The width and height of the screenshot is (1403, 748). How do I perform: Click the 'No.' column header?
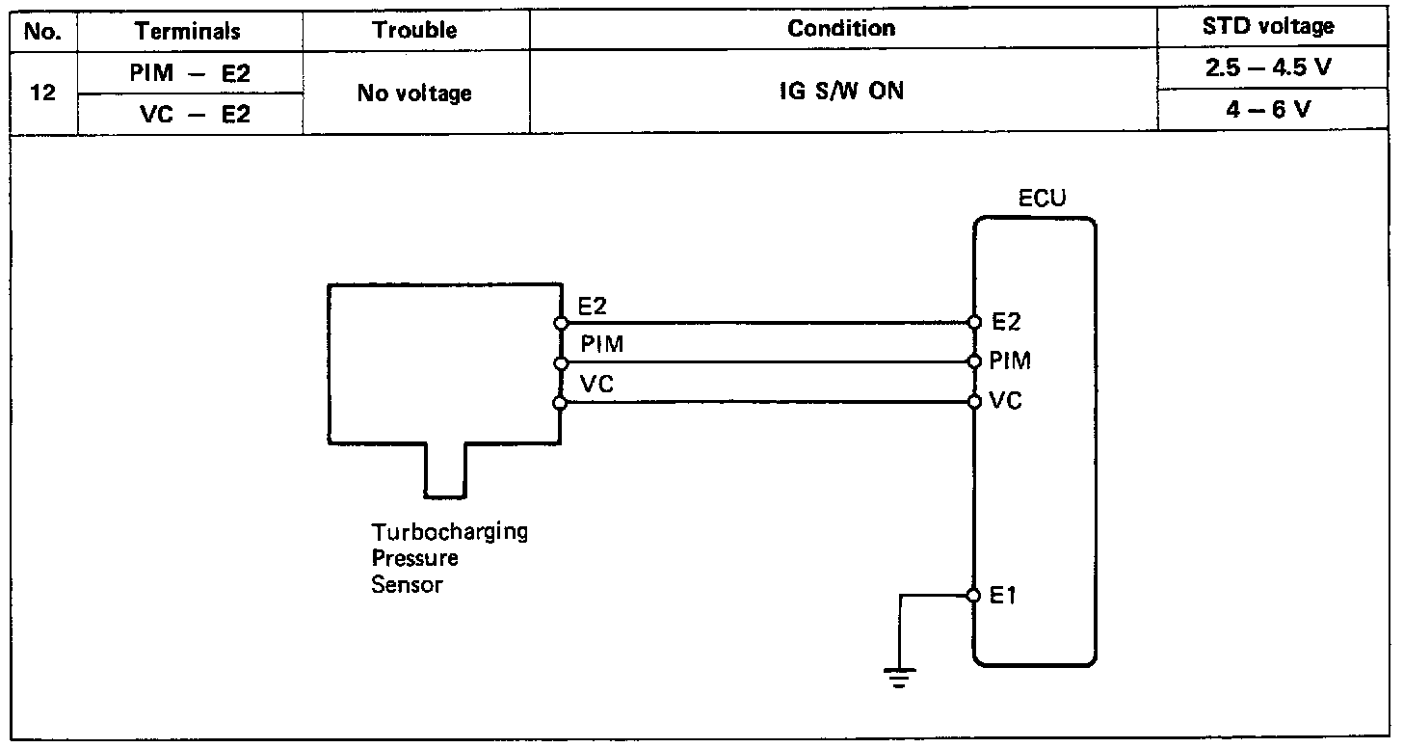click(41, 31)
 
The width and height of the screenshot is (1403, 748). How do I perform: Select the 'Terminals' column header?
click(189, 31)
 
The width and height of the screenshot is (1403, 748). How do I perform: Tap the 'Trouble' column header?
click(414, 30)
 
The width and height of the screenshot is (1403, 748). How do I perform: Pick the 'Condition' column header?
click(841, 29)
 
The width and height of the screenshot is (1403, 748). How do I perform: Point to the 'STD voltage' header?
click(1268, 27)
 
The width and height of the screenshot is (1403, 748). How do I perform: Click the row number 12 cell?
click(41, 93)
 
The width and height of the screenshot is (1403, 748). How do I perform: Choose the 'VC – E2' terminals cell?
click(189, 115)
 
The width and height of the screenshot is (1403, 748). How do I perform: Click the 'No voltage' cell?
click(414, 93)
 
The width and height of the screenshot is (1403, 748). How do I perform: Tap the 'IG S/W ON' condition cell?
click(841, 93)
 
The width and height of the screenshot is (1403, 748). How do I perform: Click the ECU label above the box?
click(1043, 199)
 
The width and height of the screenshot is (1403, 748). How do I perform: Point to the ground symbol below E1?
click(900, 678)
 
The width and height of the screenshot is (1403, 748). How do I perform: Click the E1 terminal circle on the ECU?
click(974, 595)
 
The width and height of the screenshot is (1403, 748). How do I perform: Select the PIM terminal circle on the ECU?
click(974, 362)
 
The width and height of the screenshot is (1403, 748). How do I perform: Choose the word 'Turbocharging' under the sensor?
click(450, 532)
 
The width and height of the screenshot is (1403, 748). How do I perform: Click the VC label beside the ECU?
click(1006, 401)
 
